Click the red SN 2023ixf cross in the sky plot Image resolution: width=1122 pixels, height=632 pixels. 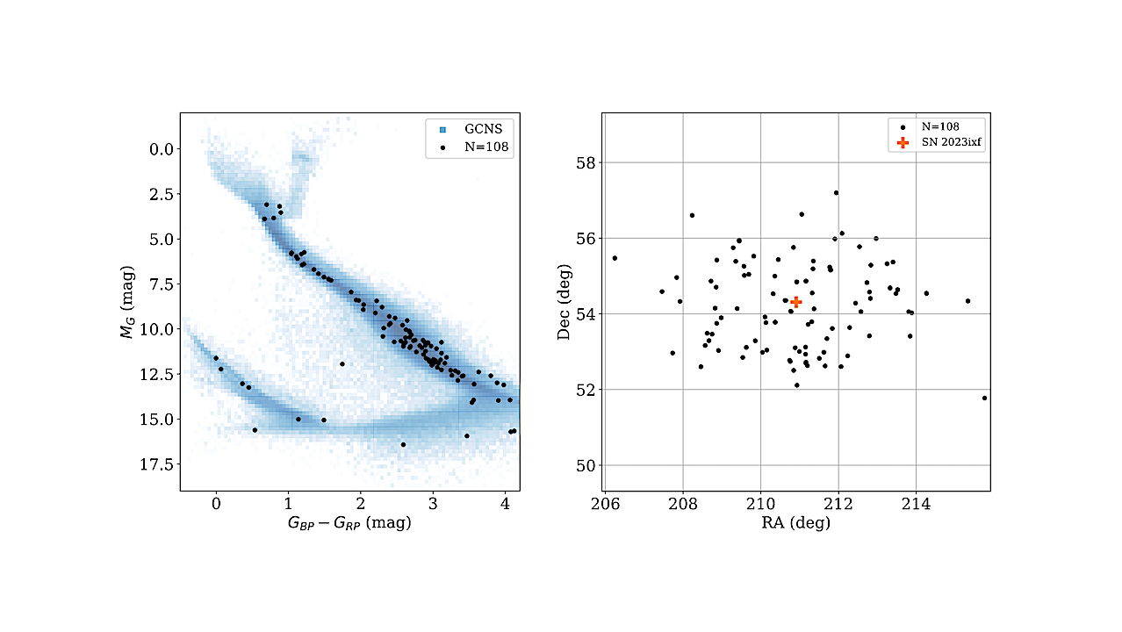(x=796, y=302)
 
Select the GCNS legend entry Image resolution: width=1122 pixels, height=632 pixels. (x=471, y=129)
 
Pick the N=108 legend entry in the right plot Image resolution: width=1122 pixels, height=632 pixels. (x=930, y=127)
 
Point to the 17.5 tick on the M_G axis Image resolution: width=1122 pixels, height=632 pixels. (x=156, y=464)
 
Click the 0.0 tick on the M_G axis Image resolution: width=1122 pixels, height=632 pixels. (x=162, y=149)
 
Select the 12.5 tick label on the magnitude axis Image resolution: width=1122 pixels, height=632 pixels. (x=156, y=374)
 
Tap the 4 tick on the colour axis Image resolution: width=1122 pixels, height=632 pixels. (x=505, y=504)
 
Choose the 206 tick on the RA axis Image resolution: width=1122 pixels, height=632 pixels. (x=605, y=504)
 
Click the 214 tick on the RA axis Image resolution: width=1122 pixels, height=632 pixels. (x=917, y=504)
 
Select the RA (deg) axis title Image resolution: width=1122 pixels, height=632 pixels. (x=796, y=523)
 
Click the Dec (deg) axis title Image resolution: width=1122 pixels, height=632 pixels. (x=564, y=302)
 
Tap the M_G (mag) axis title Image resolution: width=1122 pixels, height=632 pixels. (x=127, y=302)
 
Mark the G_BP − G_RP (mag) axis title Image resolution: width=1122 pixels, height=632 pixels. (x=349, y=523)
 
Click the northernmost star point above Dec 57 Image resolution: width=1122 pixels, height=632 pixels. (x=836, y=193)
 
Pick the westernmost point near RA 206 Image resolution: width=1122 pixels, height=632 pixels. (x=615, y=258)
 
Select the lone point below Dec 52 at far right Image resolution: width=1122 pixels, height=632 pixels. (x=984, y=399)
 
